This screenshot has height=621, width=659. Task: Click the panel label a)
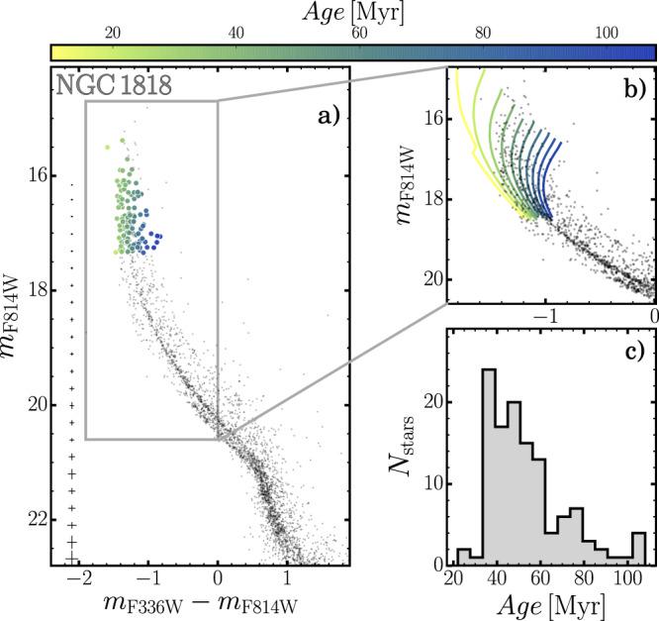(326, 119)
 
